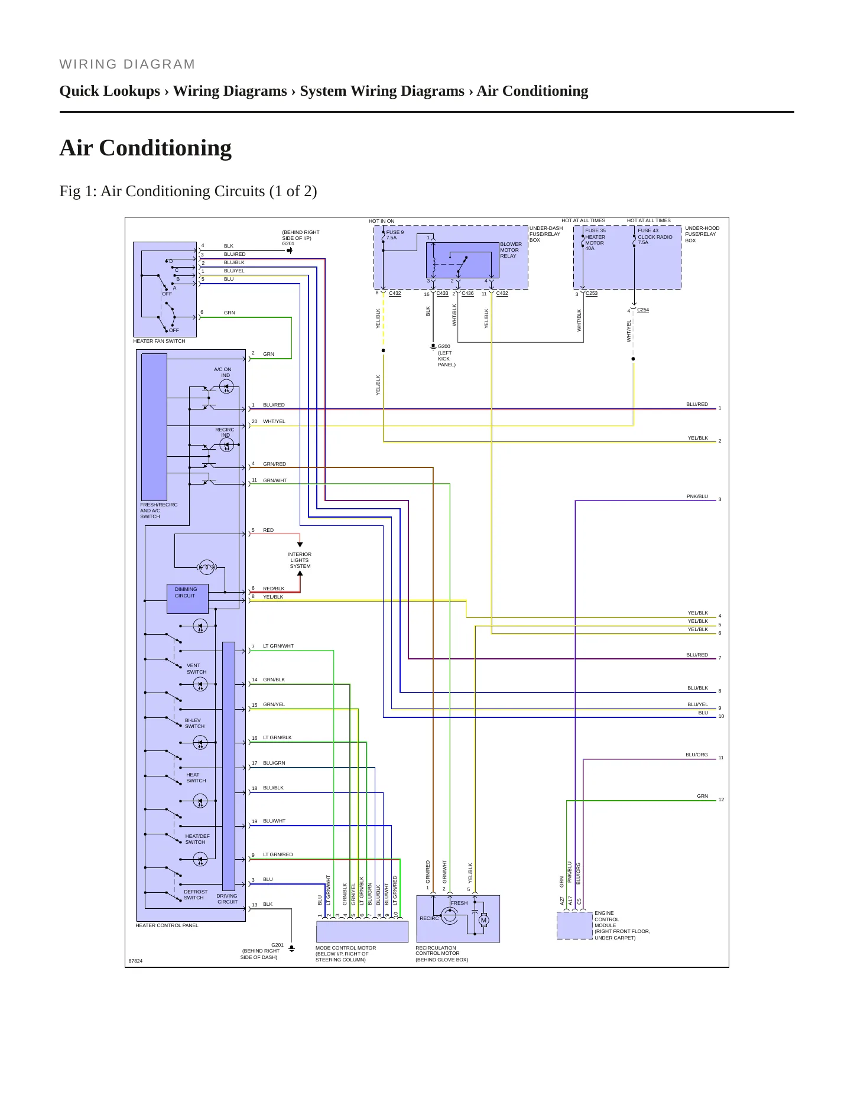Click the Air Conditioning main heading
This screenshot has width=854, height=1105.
coord(145,148)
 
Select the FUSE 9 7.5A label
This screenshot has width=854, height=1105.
coord(395,235)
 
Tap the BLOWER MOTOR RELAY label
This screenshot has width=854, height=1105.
coord(511,250)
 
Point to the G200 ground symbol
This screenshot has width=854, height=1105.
coord(433,346)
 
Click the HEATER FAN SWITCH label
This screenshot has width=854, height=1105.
coord(159,341)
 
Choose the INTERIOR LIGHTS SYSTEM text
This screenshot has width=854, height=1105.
coord(300,560)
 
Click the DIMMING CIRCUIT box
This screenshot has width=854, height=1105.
coord(188,599)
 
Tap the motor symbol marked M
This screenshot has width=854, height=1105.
coord(483,920)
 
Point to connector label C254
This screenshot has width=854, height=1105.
coord(643,310)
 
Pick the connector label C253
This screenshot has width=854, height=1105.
coord(592,293)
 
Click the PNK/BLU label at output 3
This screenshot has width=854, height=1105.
coord(697,497)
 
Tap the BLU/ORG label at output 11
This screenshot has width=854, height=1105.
coord(696,755)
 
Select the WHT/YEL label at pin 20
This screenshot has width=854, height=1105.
coord(274,421)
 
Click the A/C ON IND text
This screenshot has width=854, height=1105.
coord(223,372)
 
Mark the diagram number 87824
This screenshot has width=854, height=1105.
coord(135,961)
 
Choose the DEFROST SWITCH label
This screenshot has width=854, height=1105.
coord(195,895)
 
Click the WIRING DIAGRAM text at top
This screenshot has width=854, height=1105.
coord(127,64)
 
